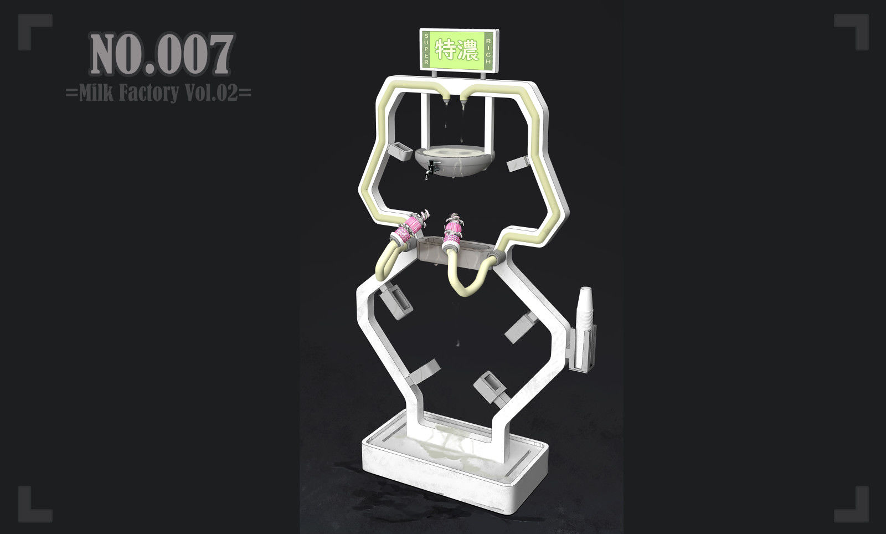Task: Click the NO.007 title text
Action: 162,54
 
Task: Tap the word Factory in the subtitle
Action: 149,93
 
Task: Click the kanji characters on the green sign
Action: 457,50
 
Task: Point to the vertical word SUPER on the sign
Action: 426,49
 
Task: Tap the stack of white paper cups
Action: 585,312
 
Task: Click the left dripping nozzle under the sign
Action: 446,100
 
